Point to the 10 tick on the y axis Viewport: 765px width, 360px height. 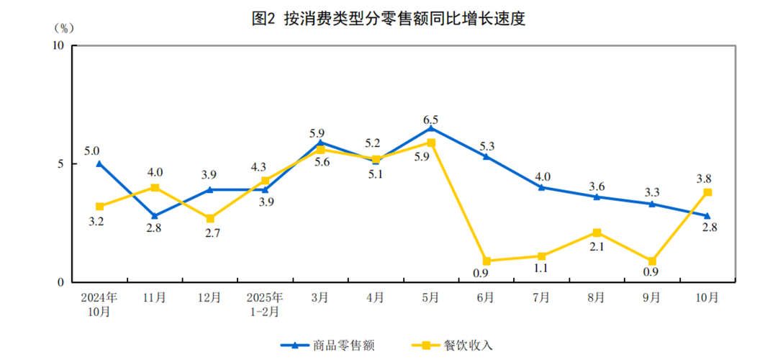click(x=58, y=45)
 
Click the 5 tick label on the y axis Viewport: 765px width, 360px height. click(x=61, y=163)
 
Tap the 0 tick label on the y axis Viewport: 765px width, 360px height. click(x=61, y=282)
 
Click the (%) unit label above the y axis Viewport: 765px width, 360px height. click(x=63, y=28)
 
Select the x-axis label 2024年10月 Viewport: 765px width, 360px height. click(x=99, y=304)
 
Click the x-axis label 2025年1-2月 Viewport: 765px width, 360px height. click(x=265, y=304)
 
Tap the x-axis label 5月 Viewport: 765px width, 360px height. click(x=430, y=297)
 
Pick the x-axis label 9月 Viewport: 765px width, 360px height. click(x=651, y=297)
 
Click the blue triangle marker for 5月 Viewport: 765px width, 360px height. click(x=430, y=128)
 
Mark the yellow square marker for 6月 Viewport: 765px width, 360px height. click(x=486, y=261)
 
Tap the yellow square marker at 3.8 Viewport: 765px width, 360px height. click(x=707, y=192)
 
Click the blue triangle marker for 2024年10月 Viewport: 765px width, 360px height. click(x=99, y=163)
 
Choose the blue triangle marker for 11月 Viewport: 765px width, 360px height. click(x=155, y=215)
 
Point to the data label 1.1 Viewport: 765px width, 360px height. click(x=541, y=268)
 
